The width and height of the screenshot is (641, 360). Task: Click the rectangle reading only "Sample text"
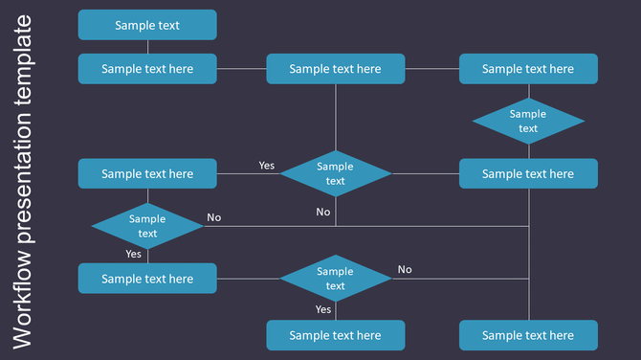click(147, 25)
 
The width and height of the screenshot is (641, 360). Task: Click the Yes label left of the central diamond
click(266, 166)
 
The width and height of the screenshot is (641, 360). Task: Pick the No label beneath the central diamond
click(323, 212)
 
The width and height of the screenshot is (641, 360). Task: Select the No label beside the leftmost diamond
click(213, 217)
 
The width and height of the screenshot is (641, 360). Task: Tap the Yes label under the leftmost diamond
click(133, 254)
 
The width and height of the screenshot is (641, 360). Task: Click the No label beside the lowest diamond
click(405, 269)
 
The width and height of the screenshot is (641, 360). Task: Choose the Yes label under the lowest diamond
click(323, 309)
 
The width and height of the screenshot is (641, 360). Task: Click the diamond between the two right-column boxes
click(528, 121)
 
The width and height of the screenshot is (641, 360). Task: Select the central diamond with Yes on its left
click(335, 173)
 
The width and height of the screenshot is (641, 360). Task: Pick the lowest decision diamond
click(335, 279)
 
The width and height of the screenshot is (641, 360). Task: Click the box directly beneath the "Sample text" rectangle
click(147, 69)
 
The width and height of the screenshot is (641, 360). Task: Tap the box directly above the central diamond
click(335, 69)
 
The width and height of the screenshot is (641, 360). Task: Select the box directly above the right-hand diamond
click(528, 69)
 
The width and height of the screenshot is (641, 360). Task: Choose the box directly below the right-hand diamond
click(528, 173)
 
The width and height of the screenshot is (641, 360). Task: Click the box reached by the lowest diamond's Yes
click(335, 335)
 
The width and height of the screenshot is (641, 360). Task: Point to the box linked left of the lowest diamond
click(147, 279)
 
